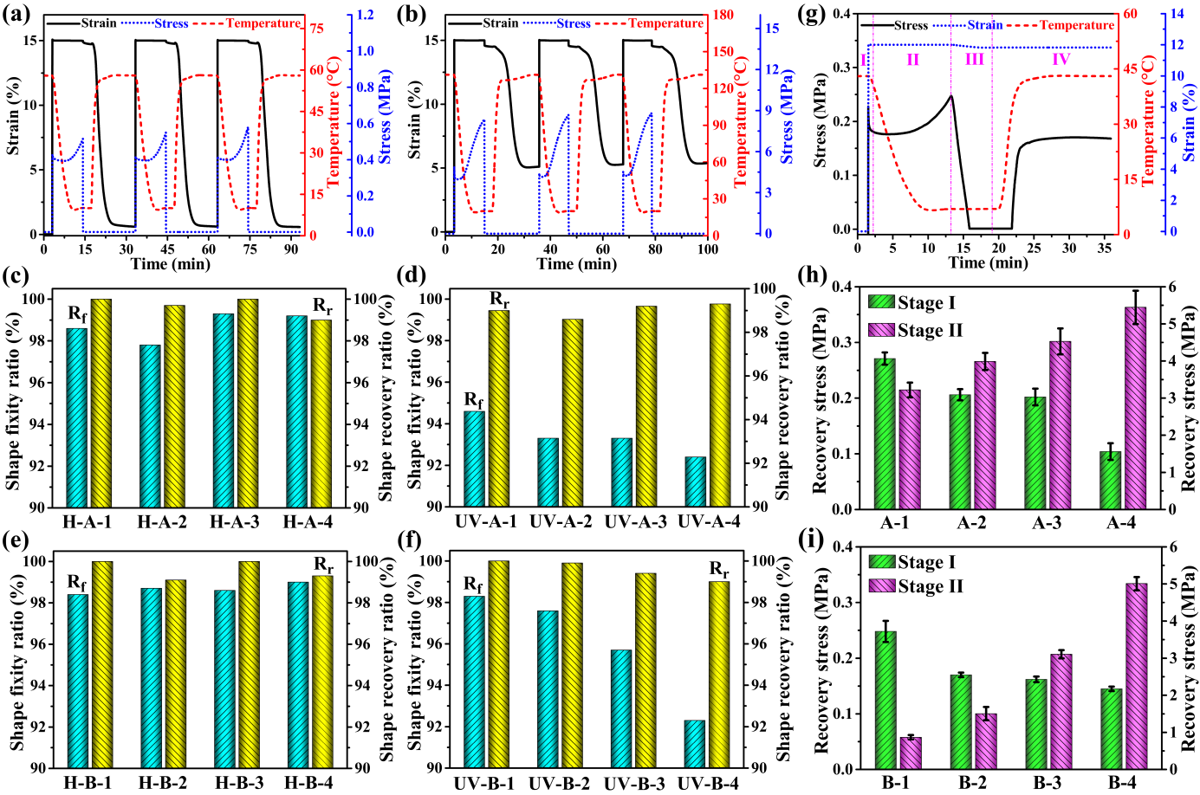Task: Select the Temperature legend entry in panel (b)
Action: coord(665,23)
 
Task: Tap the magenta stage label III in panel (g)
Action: coord(974,59)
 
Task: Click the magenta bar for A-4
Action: coord(1134,408)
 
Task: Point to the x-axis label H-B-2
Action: coord(163,783)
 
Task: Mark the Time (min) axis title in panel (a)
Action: coord(171,263)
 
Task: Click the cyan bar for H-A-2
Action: coord(151,425)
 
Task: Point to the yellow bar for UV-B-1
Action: coord(498,664)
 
